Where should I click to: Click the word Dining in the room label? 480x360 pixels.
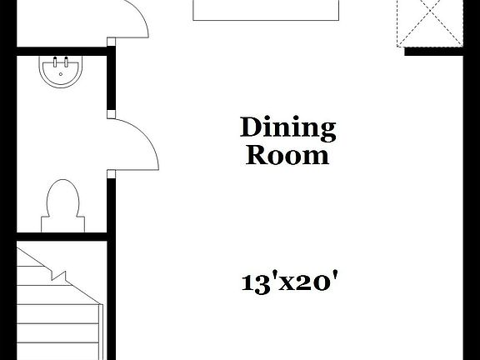point(287,128)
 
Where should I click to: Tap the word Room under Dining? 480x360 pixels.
point(287,155)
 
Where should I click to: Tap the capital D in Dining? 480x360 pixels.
point(249,127)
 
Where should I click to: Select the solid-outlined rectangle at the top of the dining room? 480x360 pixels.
point(266,9)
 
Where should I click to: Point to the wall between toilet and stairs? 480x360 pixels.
point(62,236)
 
